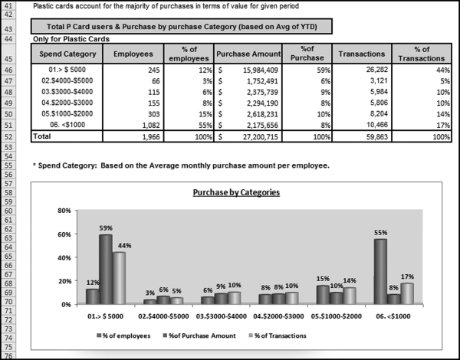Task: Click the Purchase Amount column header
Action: coord(247,54)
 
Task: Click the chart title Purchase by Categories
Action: coord(236,192)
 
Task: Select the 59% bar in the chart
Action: coord(106,269)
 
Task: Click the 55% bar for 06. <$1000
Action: coord(380,271)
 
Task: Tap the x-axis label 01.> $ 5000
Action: coord(106,316)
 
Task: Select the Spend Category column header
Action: coord(67,54)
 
